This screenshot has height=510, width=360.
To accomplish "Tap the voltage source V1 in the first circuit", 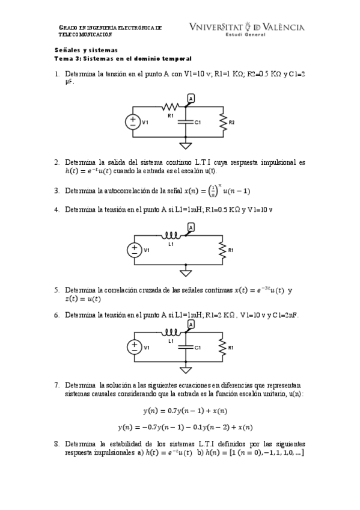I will pyautogui.click(x=133, y=122).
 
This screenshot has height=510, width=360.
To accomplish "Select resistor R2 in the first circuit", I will pyautogui.click(x=223, y=122).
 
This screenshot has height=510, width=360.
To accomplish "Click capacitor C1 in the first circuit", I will pyautogui.click(x=186, y=122).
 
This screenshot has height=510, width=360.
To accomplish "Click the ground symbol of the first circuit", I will pyautogui.click(x=186, y=145).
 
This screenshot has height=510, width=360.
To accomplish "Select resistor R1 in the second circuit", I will pyautogui.click(x=223, y=250).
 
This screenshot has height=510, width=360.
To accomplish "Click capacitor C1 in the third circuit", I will pyautogui.click(x=186, y=348).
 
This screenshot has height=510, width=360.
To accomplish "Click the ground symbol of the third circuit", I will pyautogui.click(x=186, y=370).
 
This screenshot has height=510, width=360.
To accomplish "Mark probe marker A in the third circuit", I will pyautogui.click(x=191, y=324).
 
